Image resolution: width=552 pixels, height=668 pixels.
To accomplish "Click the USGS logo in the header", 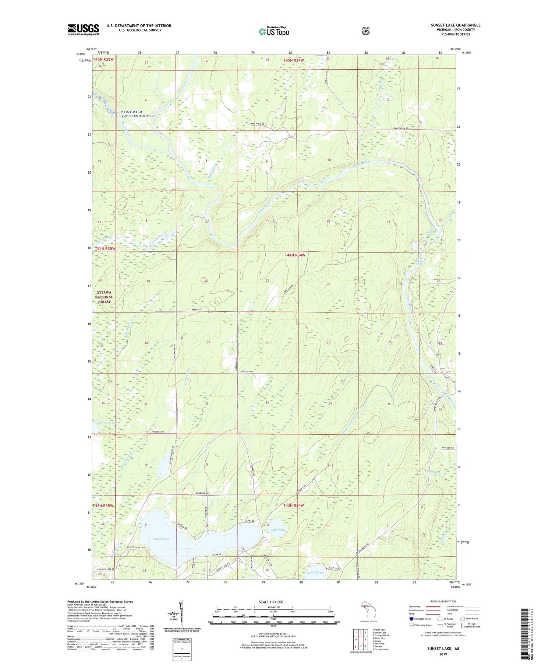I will point(83,29).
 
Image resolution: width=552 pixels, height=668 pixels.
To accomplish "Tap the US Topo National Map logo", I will point(274,31).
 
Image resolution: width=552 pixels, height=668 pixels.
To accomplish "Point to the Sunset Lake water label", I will point(161,539).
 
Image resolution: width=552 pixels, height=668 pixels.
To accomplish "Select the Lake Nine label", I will point(278,529).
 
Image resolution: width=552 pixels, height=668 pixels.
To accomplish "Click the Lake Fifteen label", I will point(316,573).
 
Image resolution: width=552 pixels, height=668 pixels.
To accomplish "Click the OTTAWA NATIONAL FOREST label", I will point(104,297).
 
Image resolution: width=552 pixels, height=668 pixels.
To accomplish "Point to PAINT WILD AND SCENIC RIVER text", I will point(137,113).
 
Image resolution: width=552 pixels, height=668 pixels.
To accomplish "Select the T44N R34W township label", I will point(295,255).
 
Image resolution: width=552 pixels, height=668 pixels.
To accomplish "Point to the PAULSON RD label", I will point(447,448).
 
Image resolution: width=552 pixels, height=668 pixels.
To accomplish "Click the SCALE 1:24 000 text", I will point(271,602).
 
